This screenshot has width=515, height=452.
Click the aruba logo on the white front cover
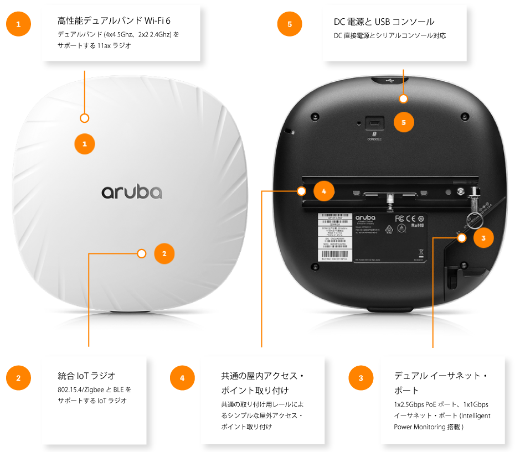coord(132,191)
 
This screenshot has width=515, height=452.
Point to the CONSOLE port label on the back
coord(374,139)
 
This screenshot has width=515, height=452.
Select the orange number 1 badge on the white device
coord(85,144)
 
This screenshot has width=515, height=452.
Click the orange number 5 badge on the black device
coord(403,122)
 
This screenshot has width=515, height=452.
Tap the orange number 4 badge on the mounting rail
coord(324,191)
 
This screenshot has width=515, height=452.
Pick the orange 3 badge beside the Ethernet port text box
coord(361,378)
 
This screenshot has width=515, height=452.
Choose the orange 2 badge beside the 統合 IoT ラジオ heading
coord(18,378)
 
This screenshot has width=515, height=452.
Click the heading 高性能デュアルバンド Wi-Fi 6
coord(114,21)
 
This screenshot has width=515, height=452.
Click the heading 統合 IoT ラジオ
coord(86,376)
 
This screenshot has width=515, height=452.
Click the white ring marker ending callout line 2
coord(141,254)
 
